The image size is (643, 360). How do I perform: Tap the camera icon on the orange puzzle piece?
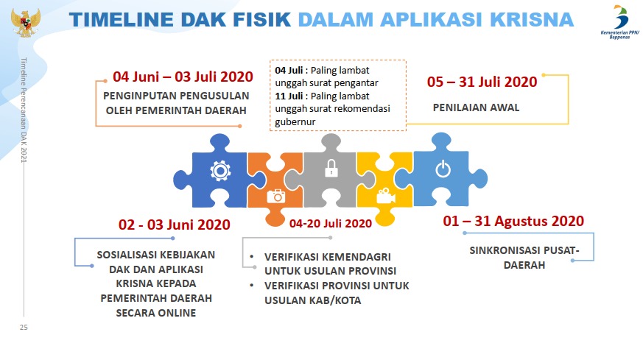pyautogui.click(x=276, y=195)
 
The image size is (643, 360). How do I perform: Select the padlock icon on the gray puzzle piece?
pyautogui.click(x=331, y=169)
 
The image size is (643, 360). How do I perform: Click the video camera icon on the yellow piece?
pyautogui.click(x=385, y=196)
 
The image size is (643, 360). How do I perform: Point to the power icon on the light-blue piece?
pyautogui.click(x=442, y=171)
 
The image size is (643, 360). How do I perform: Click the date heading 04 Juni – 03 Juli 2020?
pyautogui.click(x=183, y=77)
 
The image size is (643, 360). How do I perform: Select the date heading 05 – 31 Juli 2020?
pyautogui.click(x=482, y=82)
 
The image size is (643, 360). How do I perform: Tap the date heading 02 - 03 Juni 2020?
pyautogui.click(x=174, y=225)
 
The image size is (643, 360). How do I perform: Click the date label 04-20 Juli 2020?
pyautogui.click(x=331, y=223)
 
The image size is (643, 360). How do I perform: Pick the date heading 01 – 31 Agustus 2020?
pyautogui.click(x=513, y=221)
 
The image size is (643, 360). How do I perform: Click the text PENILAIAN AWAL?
pyautogui.click(x=476, y=107)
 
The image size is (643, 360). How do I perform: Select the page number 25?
pyautogui.click(x=23, y=326)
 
